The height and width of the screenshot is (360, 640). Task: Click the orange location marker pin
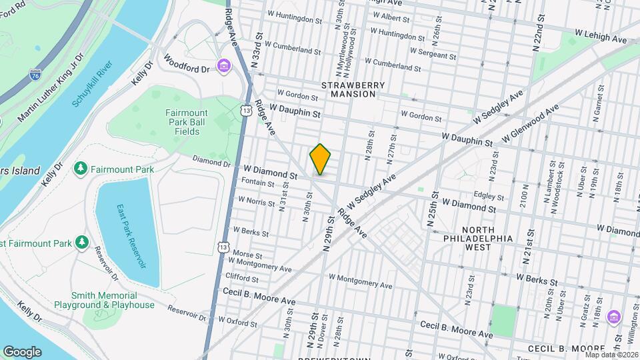pyautogui.click(x=320, y=159)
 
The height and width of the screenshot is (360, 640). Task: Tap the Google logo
pyautogui.click(x=22, y=351)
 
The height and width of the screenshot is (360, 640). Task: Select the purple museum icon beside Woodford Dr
pyautogui.click(x=223, y=66)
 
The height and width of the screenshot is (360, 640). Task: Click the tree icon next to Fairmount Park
pyautogui.click(x=81, y=168)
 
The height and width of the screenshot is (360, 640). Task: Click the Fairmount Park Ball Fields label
pyautogui.click(x=183, y=122)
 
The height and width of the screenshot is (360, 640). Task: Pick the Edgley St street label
pyautogui.click(x=488, y=196)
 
